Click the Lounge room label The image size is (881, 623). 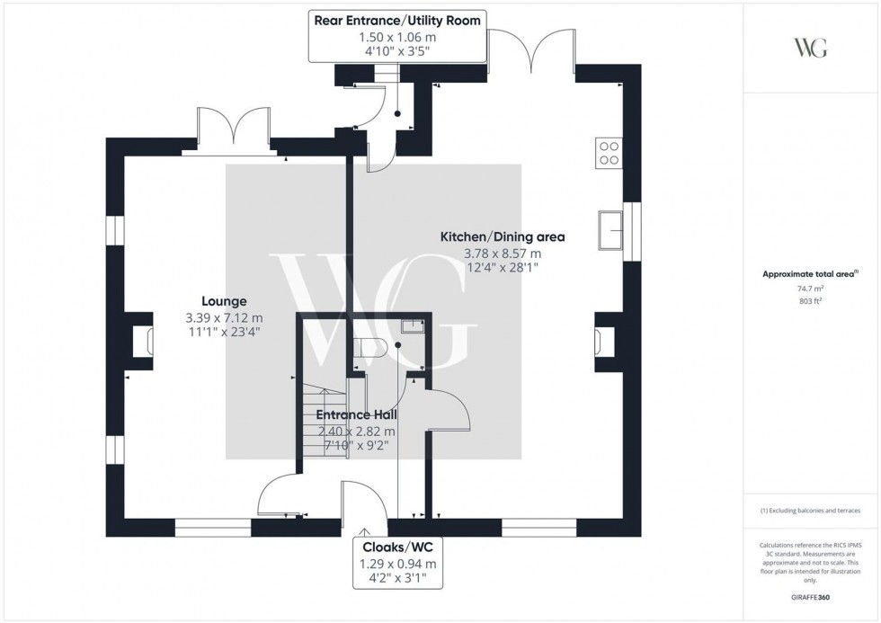point(224,302)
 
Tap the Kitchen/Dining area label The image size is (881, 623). point(502,237)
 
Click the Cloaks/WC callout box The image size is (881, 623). point(399,563)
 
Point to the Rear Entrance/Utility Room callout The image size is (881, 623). point(396,36)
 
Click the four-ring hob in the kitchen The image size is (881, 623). point(608,153)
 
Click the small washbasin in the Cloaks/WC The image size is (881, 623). point(412,327)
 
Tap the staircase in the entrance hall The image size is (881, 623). point(320,423)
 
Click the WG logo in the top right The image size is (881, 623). point(811,48)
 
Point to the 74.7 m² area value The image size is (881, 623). point(811,289)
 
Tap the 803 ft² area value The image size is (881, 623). point(811,302)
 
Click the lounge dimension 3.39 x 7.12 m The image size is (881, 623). point(224,318)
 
